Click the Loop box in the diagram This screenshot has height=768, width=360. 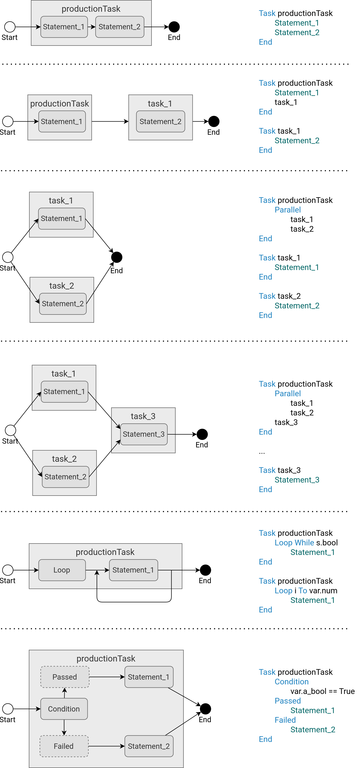[x=62, y=570]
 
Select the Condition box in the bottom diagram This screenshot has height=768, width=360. [x=64, y=709]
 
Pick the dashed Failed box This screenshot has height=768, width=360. [x=64, y=746]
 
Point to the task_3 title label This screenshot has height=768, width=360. [x=143, y=416]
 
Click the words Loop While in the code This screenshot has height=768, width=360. [x=294, y=543]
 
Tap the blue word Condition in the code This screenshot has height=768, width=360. [x=291, y=682]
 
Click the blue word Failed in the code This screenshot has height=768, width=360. [x=285, y=720]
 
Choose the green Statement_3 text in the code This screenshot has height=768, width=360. [x=297, y=480]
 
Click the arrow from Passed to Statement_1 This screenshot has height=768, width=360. [x=107, y=677]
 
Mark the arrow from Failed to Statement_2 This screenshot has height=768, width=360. [x=106, y=746]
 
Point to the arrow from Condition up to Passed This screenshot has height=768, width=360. [x=64, y=693]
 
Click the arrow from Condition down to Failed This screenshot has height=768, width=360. [x=64, y=728]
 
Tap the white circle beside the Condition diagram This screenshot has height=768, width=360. [x=8, y=709]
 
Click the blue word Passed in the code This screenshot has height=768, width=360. [x=288, y=701]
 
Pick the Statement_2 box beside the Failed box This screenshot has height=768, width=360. [x=149, y=746]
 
